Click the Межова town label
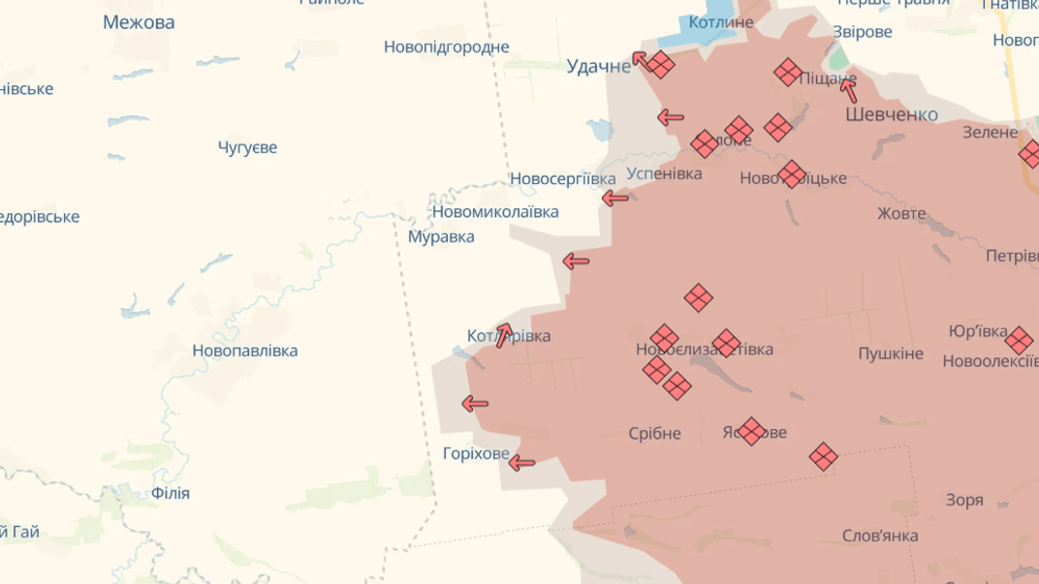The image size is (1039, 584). (x=139, y=22)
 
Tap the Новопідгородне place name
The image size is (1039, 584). (x=446, y=46)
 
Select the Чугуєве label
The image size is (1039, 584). (x=247, y=147)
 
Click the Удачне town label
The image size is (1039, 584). (x=598, y=66)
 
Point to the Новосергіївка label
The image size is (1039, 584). (x=562, y=179)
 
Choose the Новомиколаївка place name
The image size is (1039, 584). (x=494, y=211)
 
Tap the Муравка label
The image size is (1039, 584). (x=441, y=236)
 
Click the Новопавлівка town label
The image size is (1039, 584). (x=244, y=351)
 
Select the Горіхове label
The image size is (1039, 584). (x=476, y=453)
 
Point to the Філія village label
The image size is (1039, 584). (x=171, y=493)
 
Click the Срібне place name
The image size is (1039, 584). (x=654, y=433)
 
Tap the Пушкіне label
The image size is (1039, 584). (x=890, y=353)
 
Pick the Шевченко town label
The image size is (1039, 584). (x=891, y=114)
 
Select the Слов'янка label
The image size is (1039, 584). (x=880, y=536)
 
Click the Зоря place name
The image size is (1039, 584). (x=964, y=500)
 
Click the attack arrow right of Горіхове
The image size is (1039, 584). (x=521, y=463)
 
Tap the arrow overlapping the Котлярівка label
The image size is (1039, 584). (x=504, y=334)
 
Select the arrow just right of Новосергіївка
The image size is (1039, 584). (x=614, y=199)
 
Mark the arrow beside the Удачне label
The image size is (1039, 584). (x=640, y=60)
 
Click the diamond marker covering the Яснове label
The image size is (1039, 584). (x=751, y=432)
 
